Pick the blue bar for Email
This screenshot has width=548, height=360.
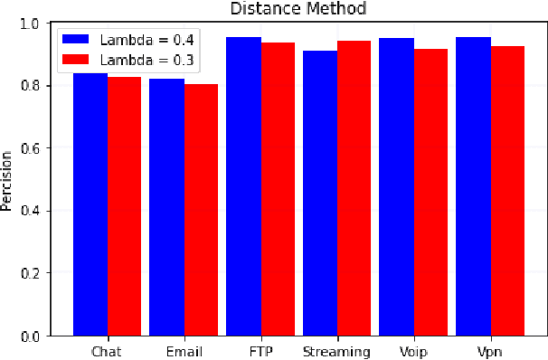pos(166,207)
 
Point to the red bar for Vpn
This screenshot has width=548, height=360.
pos(507,191)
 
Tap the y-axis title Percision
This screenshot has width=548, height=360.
pos(8,180)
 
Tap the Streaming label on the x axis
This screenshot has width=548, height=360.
pos(336,351)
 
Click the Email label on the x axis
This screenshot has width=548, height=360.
pos(184,351)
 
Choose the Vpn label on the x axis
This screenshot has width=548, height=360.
pos(490,351)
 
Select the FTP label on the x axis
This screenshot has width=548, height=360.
pos(260,351)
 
